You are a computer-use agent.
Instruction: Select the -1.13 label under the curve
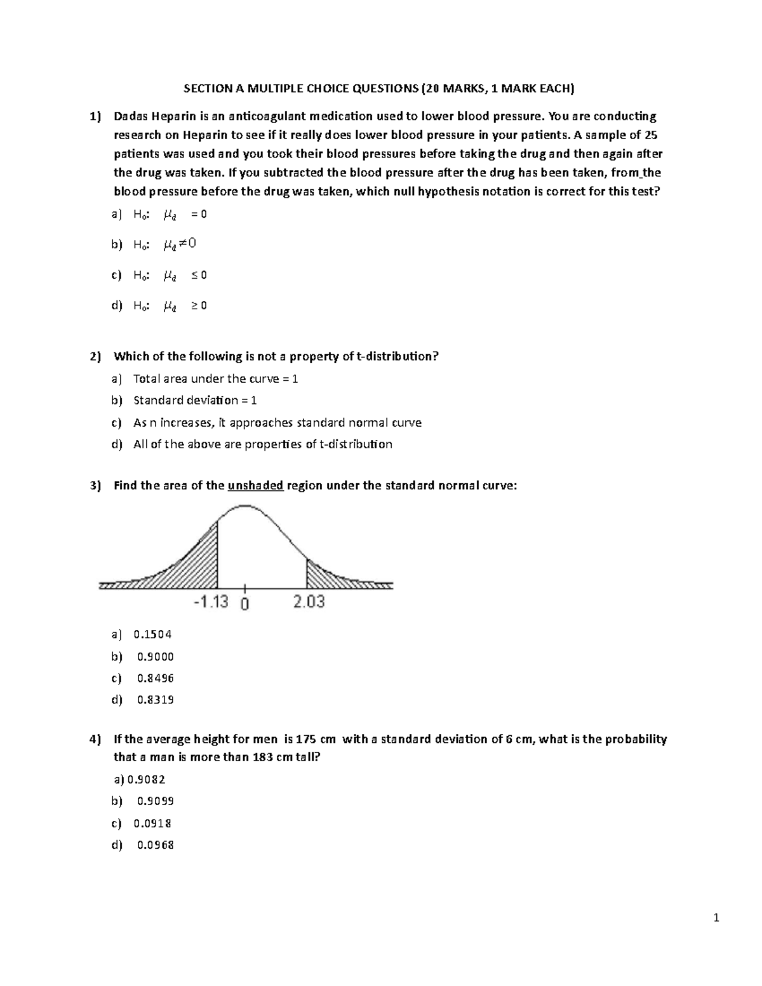pyautogui.click(x=210, y=602)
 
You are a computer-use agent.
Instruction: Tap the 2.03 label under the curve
pyautogui.click(x=309, y=602)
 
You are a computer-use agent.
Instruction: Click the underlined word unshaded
pyautogui.click(x=255, y=486)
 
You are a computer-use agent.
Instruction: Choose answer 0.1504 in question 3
pyautogui.click(x=152, y=634)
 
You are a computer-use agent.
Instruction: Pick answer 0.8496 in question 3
pyautogui.click(x=155, y=678)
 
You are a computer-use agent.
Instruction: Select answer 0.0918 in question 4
pyautogui.click(x=152, y=823)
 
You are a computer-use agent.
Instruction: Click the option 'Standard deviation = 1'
pyautogui.click(x=195, y=401)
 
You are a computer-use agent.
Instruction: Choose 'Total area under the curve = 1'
pyautogui.click(x=215, y=379)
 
